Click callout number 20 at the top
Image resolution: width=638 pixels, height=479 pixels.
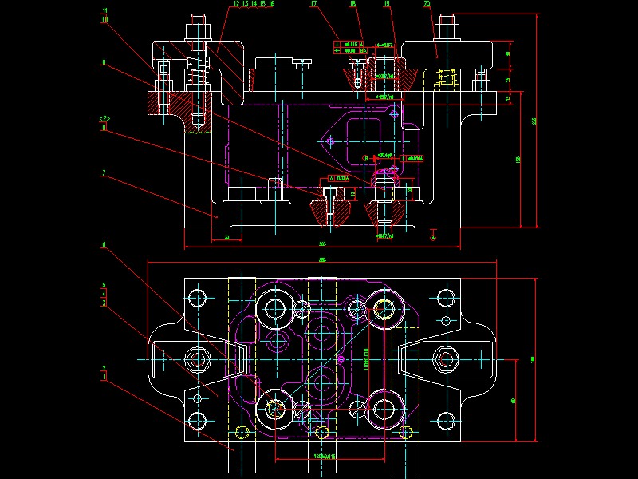point(427,4)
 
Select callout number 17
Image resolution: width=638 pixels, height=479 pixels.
point(313,4)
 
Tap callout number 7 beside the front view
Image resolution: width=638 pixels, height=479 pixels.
point(104,172)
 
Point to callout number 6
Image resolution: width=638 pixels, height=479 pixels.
point(104,244)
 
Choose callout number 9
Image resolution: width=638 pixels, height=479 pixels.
point(104,62)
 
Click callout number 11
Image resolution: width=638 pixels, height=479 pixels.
point(104,11)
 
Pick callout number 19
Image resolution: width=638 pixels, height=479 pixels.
point(387,4)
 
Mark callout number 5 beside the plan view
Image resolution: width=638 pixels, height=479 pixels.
point(104,285)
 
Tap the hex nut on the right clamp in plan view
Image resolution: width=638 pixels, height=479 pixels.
point(444,357)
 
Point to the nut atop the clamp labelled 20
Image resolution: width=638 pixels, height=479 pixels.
point(445,33)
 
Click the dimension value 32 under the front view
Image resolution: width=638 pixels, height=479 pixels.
point(227,238)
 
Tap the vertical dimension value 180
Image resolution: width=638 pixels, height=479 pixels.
point(533,358)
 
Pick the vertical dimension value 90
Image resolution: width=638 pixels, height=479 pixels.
point(513,399)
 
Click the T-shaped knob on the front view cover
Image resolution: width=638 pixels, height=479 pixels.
point(301,61)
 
